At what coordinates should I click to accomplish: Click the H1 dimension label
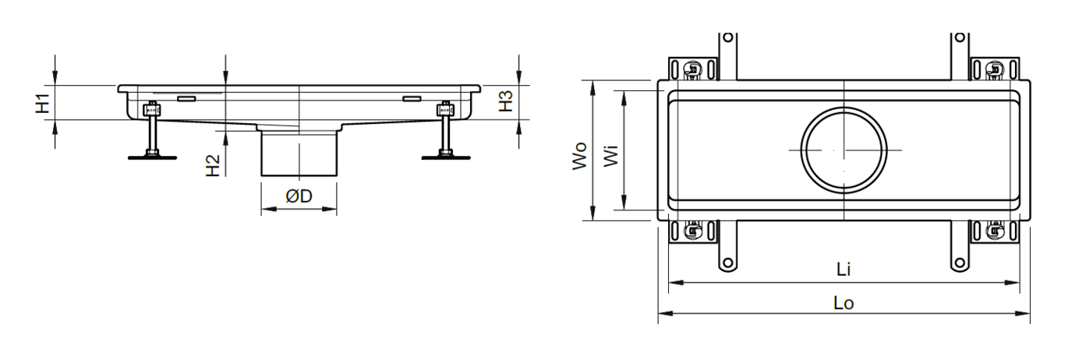click(43, 104)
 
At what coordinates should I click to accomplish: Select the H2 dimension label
click(213, 165)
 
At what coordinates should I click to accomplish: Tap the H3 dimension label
click(506, 101)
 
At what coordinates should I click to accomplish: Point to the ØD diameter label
click(299, 196)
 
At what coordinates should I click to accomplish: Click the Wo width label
click(579, 155)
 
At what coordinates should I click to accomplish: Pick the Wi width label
click(610, 156)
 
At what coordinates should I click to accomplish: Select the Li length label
click(843, 270)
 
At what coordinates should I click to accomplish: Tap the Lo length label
click(843, 303)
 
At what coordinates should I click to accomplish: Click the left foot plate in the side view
click(153, 157)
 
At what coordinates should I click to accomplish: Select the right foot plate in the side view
click(446, 157)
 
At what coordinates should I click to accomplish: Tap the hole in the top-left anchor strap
click(727, 37)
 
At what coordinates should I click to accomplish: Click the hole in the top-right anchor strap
click(960, 37)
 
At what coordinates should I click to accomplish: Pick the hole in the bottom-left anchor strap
click(727, 263)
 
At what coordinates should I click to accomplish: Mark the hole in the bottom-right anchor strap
click(960, 263)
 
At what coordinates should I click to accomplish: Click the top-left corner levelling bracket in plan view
click(693, 69)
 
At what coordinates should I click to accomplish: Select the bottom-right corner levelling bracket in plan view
click(996, 231)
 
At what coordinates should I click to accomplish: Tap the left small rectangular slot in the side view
click(186, 99)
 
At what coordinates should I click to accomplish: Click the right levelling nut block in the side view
click(445, 110)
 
